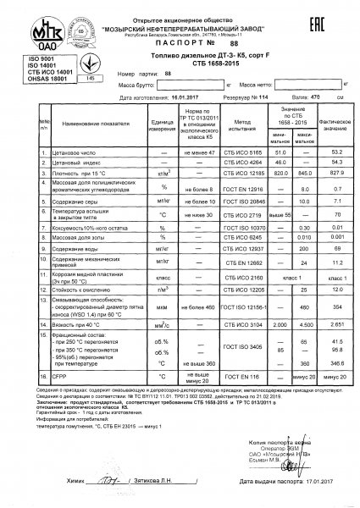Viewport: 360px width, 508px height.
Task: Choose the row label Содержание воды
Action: point(73,250)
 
